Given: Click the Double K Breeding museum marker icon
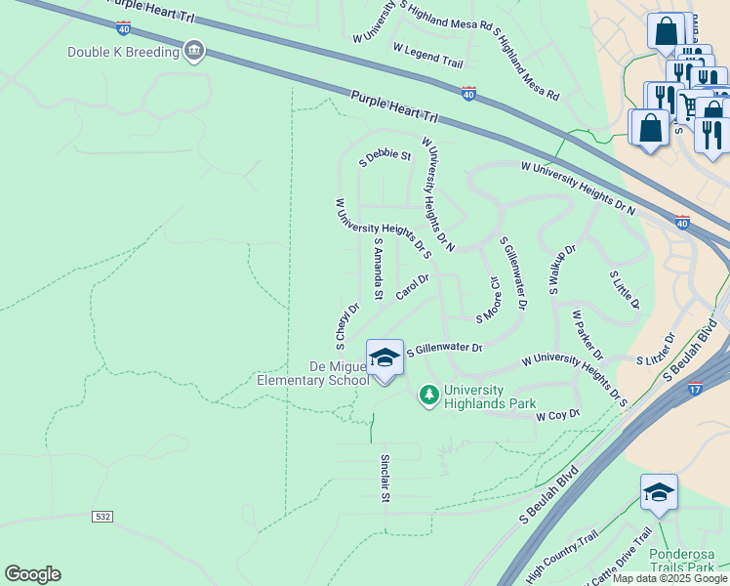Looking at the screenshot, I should (x=194, y=51).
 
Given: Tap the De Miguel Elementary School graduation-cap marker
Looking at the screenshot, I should (x=385, y=358).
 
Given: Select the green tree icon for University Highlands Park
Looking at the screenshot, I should (x=428, y=395).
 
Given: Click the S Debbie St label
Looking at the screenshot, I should (x=385, y=157).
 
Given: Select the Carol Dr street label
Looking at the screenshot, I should (x=413, y=286).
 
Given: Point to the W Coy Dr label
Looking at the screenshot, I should (x=558, y=415).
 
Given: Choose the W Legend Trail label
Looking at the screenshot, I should (x=427, y=54).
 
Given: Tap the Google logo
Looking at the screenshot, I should (x=32, y=574).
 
